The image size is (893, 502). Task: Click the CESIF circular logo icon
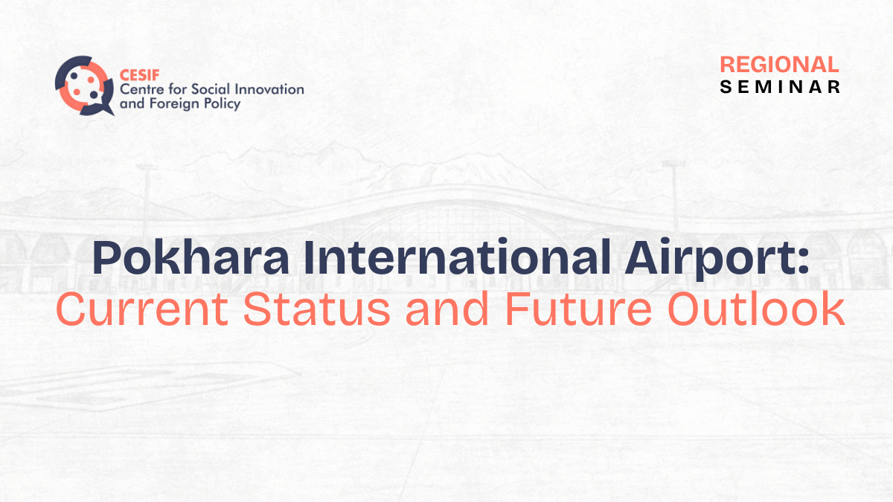[x=83, y=86]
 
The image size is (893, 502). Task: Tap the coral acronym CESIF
[x=140, y=75]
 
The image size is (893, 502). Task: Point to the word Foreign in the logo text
[x=175, y=104]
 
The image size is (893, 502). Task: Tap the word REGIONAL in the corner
[x=779, y=65]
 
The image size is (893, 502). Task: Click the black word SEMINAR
[x=780, y=87]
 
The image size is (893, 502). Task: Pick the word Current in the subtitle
[x=142, y=309]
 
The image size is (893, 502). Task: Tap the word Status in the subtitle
[x=317, y=309]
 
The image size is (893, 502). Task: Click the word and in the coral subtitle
[x=447, y=309]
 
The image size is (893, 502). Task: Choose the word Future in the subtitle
[x=578, y=309]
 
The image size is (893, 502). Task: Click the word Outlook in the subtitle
[x=756, y=309]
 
